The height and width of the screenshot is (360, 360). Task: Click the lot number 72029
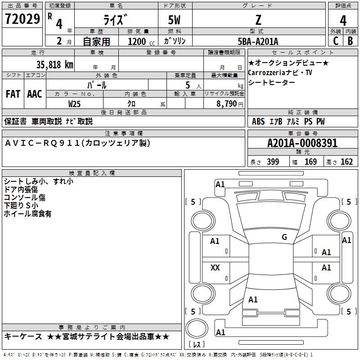click(22, 19)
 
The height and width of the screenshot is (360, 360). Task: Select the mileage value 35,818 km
click(55, 64)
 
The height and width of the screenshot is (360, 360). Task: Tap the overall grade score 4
click(343, 20)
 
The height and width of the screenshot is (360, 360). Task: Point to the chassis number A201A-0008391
click(302, 143)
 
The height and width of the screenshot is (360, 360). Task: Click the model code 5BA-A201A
click(258, 41)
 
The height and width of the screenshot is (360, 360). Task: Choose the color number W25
click(74, 104)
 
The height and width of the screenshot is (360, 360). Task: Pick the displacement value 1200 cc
click(141, 41)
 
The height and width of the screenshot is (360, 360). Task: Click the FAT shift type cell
click(13, 94)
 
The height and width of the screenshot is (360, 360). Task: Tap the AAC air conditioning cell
click(35, 94)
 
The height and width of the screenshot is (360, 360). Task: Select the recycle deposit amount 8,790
click(227, 103)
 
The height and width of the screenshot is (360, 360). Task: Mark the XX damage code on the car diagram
click(215, 267)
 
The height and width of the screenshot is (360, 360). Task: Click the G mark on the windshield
click(284, 237)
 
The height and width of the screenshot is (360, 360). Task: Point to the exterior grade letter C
click(336, 41)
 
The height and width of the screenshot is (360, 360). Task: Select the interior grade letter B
click(350, 41)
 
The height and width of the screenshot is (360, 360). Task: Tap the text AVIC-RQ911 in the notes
click(42, 143)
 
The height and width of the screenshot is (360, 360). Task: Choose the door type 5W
click(174, 20)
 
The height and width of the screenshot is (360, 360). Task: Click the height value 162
click(346, 162)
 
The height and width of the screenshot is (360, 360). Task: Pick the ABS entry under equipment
click(258, 121)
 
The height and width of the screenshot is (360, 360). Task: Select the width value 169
click(310, 162)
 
